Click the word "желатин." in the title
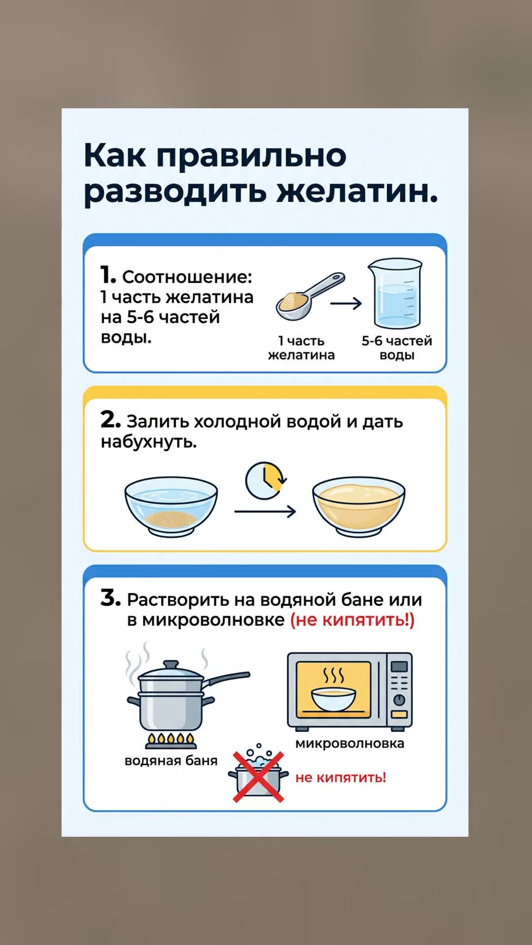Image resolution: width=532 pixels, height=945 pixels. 357,191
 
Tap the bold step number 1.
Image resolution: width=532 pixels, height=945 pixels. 107,275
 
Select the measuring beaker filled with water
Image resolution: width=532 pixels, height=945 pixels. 396,294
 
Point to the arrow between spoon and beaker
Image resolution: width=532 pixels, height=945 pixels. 346,304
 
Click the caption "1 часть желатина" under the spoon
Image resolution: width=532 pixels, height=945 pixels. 301,348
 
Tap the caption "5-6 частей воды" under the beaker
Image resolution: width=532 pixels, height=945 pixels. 397,348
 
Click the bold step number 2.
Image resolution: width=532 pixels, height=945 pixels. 110,420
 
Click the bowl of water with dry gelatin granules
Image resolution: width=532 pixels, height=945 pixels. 171,506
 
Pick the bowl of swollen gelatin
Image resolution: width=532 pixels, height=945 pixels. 359,506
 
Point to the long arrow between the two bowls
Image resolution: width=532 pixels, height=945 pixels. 265,512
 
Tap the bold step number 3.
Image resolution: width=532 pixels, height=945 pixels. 110,598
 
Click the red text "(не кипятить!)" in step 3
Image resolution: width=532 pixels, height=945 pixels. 352,620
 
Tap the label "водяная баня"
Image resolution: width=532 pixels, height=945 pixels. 171,761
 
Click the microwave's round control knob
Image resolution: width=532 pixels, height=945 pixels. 399,700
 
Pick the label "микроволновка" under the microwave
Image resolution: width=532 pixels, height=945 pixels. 350,744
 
